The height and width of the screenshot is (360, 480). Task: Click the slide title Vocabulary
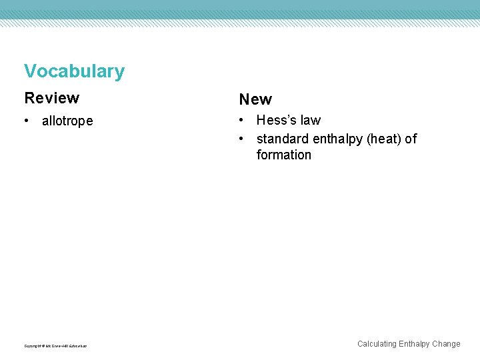pos(74,71)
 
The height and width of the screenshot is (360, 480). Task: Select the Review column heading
pos(51,98)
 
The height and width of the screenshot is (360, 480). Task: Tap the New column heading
pos(255,99)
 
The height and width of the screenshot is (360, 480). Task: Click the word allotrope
pos(67,121)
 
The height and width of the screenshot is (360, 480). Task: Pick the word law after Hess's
pos(310,121)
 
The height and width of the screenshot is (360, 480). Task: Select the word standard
pos(282,139)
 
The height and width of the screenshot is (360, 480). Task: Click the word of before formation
pos(411,139)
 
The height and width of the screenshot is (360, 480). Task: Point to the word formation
pos(283,155)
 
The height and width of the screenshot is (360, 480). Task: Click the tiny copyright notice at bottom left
pos(55,345)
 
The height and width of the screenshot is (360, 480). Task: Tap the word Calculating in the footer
pos(377,344)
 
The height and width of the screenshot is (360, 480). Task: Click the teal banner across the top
pos(240,9)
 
